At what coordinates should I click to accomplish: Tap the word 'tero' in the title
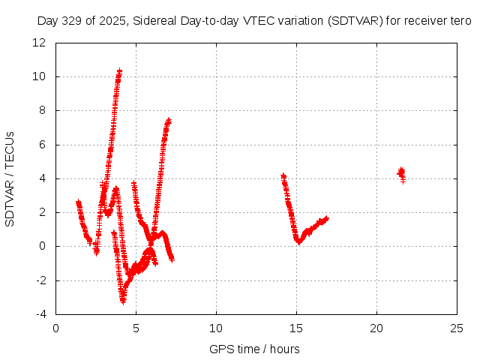(460, 21)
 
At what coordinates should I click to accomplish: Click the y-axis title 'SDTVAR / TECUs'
(10, 178)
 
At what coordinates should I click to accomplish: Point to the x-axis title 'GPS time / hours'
(254, 349)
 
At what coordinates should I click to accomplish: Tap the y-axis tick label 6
(43, 145)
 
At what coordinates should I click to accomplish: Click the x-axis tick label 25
(457, 328)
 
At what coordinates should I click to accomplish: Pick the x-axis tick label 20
(376, 328)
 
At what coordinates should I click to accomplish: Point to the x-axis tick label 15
(296, 328)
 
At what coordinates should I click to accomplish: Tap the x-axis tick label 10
(216, 328)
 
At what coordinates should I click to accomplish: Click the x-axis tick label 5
(136, 328)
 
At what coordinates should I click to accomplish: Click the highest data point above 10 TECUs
(119, 70)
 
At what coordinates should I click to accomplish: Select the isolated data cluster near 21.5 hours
(401, 174)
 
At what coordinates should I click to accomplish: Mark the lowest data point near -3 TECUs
(123, 301)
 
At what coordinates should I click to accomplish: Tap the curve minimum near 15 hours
(298, 241)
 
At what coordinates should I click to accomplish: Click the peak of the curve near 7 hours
(169, 120)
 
